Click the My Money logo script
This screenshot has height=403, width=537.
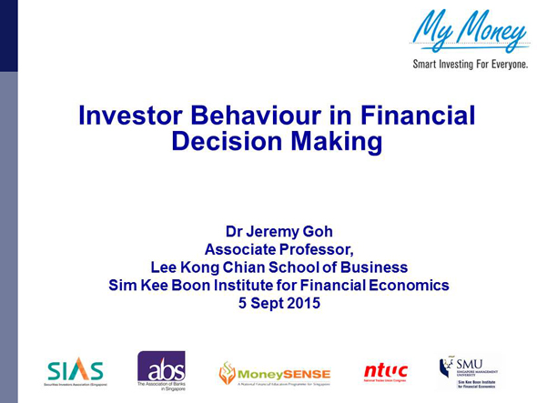click(x=469, y=31)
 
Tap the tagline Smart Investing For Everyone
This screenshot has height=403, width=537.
click(x=469, y=65)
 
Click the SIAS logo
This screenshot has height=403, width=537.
click(x=75, y=370)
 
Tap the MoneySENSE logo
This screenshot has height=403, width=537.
click(x=274, y=373)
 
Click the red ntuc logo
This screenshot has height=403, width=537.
click(x=386, y=371)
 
